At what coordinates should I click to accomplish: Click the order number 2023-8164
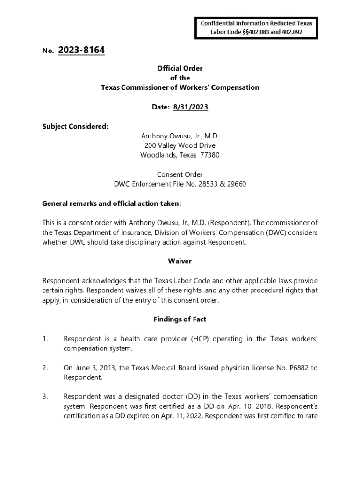pyautogui.click(x=81, y=51)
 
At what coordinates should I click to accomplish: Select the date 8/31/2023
pyautogui.click(x=190, y=107)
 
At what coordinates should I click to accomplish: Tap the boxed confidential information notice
pyautogui.click(x=256, y=28)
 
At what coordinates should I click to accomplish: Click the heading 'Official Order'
pyautogui.click(x=180, y=68)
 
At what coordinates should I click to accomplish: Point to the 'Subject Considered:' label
pyautogui.click(x=75, y=126)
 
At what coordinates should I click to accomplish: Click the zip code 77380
pyautogui.click(x=209, y=155)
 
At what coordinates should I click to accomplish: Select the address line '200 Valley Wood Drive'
pyautogui.click(x=180, y=145)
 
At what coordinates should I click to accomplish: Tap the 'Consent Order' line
pyautogui.click(x=180, y=174)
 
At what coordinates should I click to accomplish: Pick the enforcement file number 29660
pyautogui.click(x=236, y=184)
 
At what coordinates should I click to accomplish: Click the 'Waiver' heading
pyautogui.click(x=180, y=261)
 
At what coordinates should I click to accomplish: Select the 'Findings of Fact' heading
pyautogui.click(x=180, y=319)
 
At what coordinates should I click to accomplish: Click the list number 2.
pyautogui.click(x=45, y=368)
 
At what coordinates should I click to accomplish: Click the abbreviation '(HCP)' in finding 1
pyautogui.click(x=201, y=339)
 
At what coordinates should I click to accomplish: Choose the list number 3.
pyautogui.click(x=45, y=397)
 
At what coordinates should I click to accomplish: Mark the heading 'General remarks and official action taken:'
pyautogui.click(x=111, y=203)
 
